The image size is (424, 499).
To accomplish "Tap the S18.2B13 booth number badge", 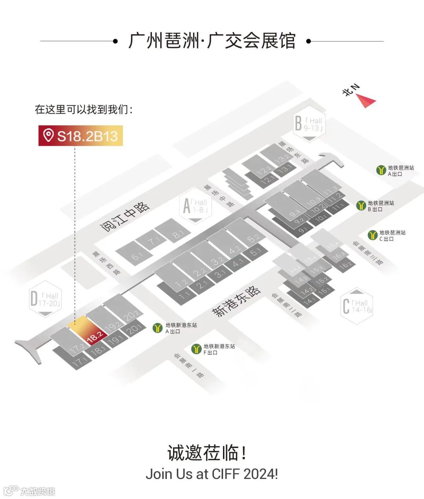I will point(80,135).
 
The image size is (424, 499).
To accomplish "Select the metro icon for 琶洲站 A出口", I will point(381,170).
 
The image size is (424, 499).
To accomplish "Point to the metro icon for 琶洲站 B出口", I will point(361,205).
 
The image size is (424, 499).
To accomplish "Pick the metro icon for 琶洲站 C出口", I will point(373,235).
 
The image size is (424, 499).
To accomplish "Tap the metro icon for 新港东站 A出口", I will point(158,328).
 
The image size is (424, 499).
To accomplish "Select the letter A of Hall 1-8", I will point(187,206).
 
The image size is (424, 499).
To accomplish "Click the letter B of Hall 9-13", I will point(299,123).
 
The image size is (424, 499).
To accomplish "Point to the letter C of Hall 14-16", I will point(346,306).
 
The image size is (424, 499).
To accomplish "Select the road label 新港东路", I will point(236,301).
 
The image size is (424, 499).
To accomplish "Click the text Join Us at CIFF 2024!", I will point(212,473).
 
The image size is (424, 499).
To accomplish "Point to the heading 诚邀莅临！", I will point(207,453).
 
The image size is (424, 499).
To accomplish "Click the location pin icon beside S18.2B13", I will point(49,135).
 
